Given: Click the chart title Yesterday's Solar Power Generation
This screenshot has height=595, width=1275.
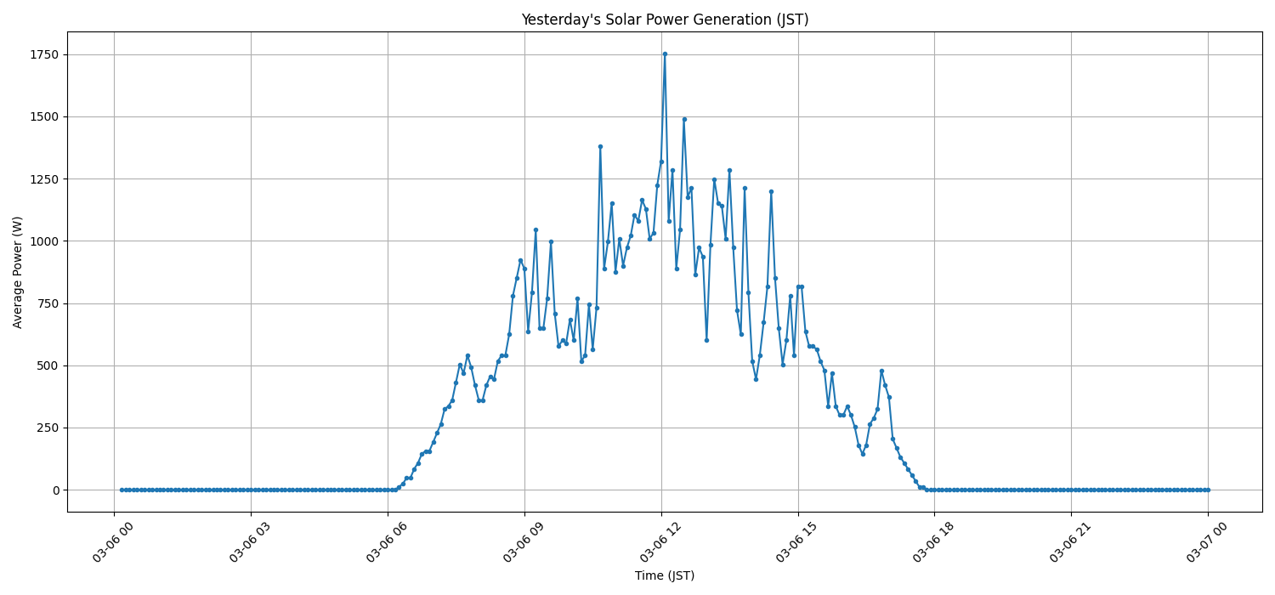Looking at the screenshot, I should pyautogui.click(x=665, y=20).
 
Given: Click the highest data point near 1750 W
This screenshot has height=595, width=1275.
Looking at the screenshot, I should pyautogui.click(x=665, y=54).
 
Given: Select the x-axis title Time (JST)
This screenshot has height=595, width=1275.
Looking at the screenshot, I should pyautogui.click(x=665, y=576).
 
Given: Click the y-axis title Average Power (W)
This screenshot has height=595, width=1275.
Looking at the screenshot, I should pyautogui.click(x=18, y=272).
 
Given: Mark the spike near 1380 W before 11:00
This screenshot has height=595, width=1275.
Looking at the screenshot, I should pyautogui.click(x=600, y=146).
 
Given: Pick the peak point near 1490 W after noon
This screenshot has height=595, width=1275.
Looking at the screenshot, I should pyautogui.click(x=684, y=119).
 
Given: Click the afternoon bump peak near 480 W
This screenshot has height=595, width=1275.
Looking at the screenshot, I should pyautogui.click(x=881, y=371).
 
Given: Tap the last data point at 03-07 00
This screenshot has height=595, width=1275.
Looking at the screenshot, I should pyautogui.click(x=1208, y=490).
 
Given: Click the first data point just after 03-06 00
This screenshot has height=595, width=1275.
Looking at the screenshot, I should pyautogui.click(x=122, y=490).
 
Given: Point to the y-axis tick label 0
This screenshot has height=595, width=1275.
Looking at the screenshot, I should pyautogui.click(x=55, y=490).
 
